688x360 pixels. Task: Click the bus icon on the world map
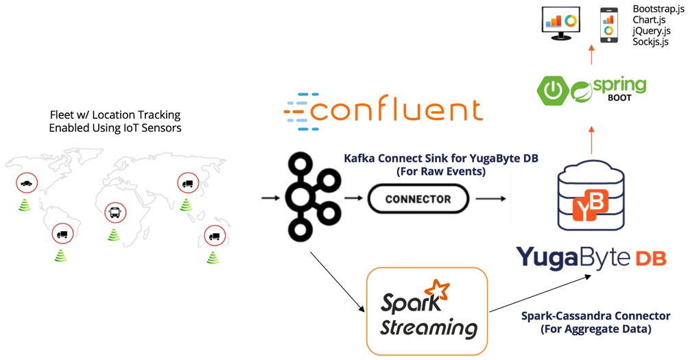point(115,213)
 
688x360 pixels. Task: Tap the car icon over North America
point(26,183)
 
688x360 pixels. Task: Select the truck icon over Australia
point(214,236)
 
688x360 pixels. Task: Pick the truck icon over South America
point(62,234)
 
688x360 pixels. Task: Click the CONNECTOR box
point(418,200)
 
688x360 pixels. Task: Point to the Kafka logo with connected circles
point(312,197)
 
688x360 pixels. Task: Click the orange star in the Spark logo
point(436,290)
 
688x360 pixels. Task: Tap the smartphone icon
point(608,25)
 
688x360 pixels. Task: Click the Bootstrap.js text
point(658,9)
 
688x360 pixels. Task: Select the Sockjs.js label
point(650,42)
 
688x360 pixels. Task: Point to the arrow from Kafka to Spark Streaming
point(337,282)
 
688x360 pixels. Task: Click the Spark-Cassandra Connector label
point(595,316)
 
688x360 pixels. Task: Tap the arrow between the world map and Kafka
point(270,198)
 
